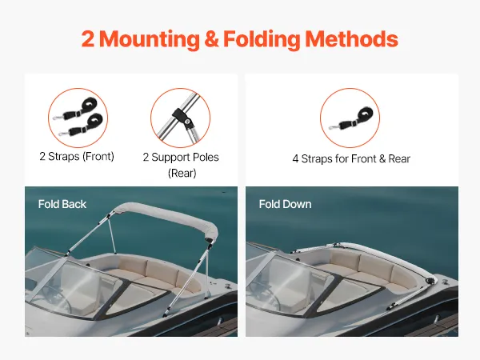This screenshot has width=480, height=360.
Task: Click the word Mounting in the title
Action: (x=150, y=40)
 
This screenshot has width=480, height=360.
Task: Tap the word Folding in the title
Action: (x=262, y=40)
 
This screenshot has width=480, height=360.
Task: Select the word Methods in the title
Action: (x=351, y=39)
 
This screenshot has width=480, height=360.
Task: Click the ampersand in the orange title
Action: (x=211, y=39)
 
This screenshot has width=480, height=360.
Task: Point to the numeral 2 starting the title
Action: (x=88, y=39)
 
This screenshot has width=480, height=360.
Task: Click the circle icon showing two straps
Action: (x=78, y=118)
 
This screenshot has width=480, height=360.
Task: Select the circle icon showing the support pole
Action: (x=180, y=118)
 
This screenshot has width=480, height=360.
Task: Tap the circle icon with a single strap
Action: (x=350, y=118)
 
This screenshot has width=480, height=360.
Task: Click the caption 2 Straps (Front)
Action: (x=77, y=157)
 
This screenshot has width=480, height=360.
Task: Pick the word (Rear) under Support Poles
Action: (x=182, y=173)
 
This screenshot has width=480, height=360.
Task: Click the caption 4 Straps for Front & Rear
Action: (x=351, y=159)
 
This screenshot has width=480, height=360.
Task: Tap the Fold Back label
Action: (x=62, y=204)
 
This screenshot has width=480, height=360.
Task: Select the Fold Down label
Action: (x=285, y=204)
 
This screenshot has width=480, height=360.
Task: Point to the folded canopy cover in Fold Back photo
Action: (x=167, y=220)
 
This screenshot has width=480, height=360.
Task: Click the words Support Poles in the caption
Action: (x=185, y=157)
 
